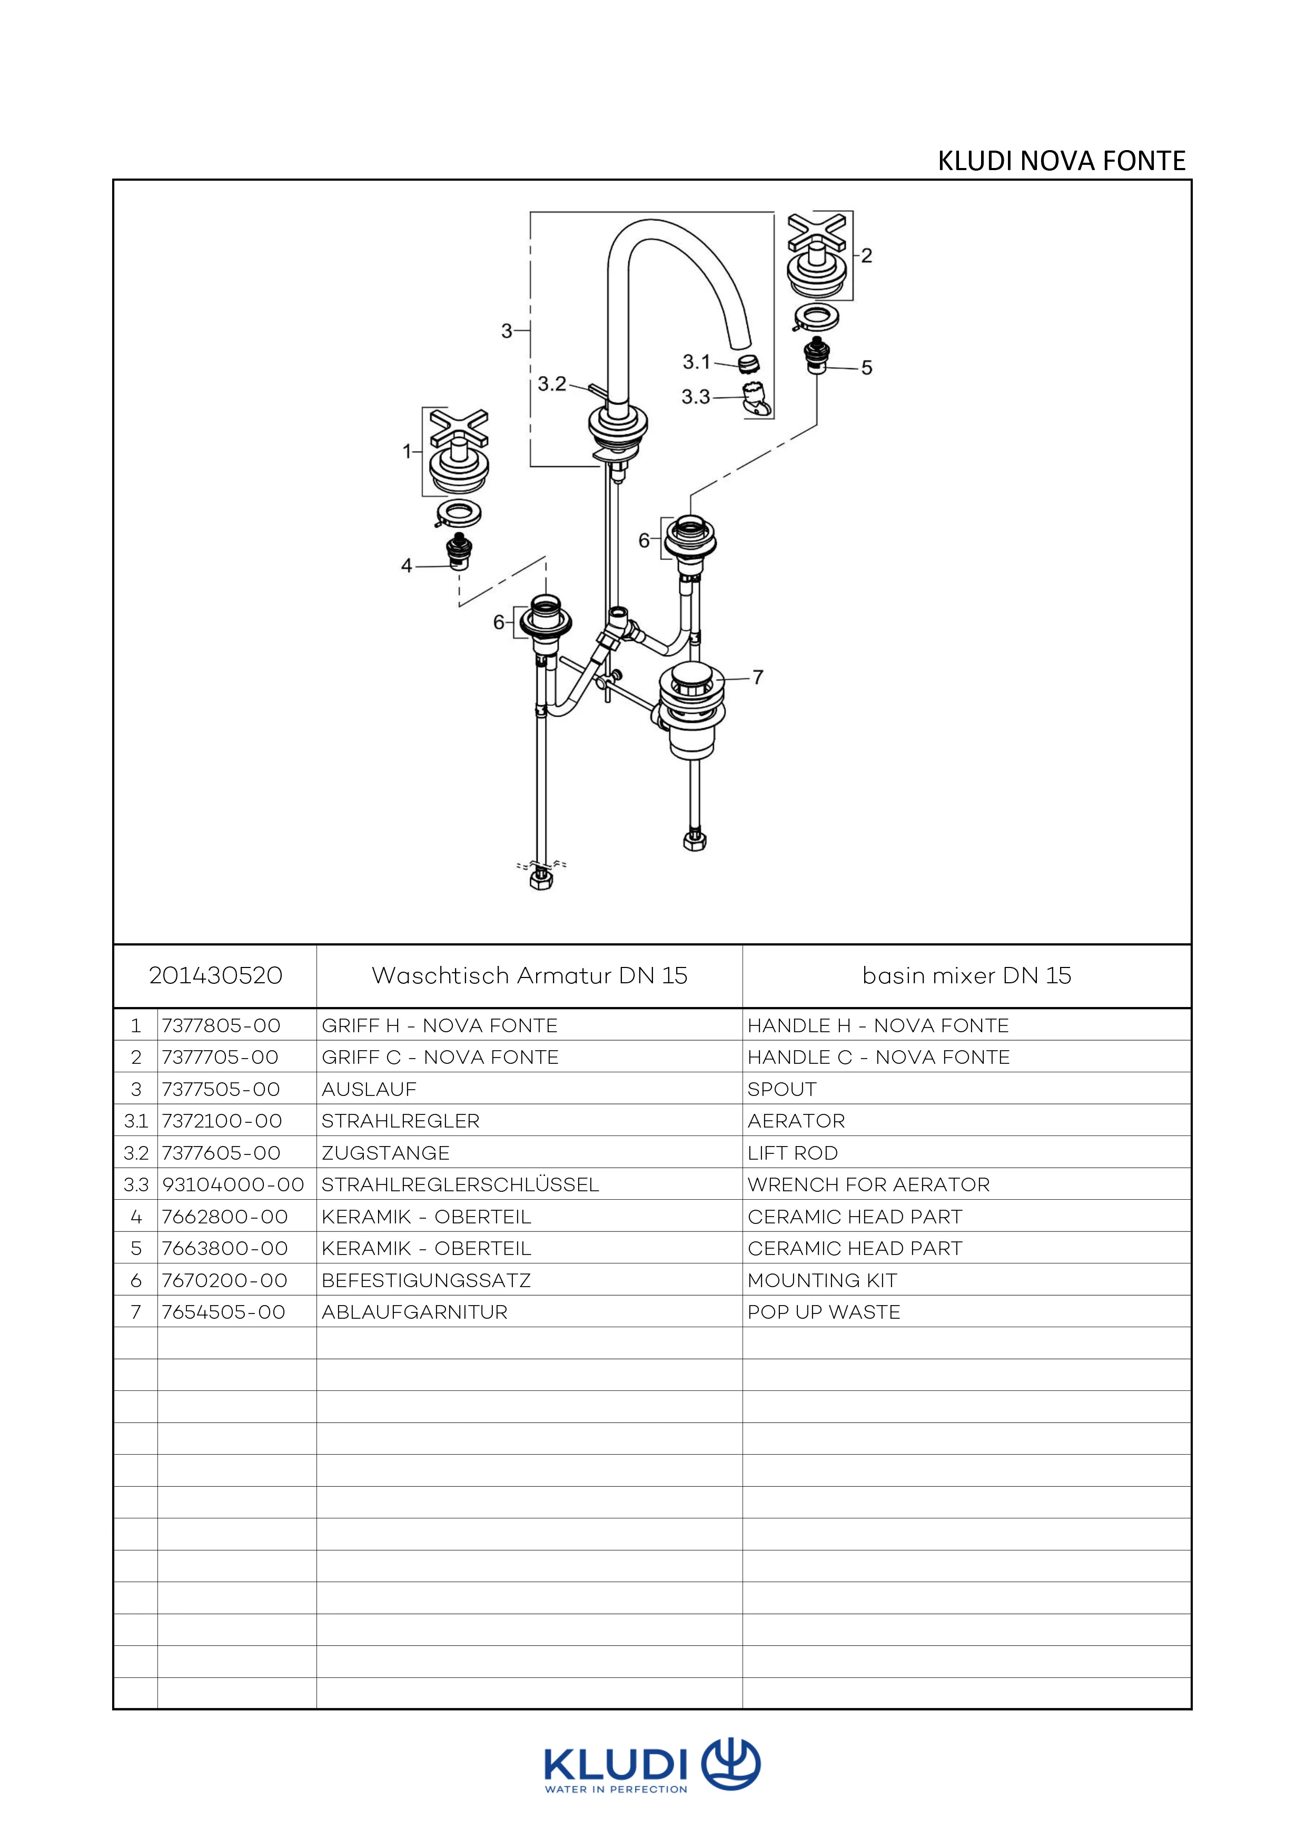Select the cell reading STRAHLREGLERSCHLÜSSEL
[460, 1185]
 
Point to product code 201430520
[215, 976]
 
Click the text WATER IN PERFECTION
[616, 1790]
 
